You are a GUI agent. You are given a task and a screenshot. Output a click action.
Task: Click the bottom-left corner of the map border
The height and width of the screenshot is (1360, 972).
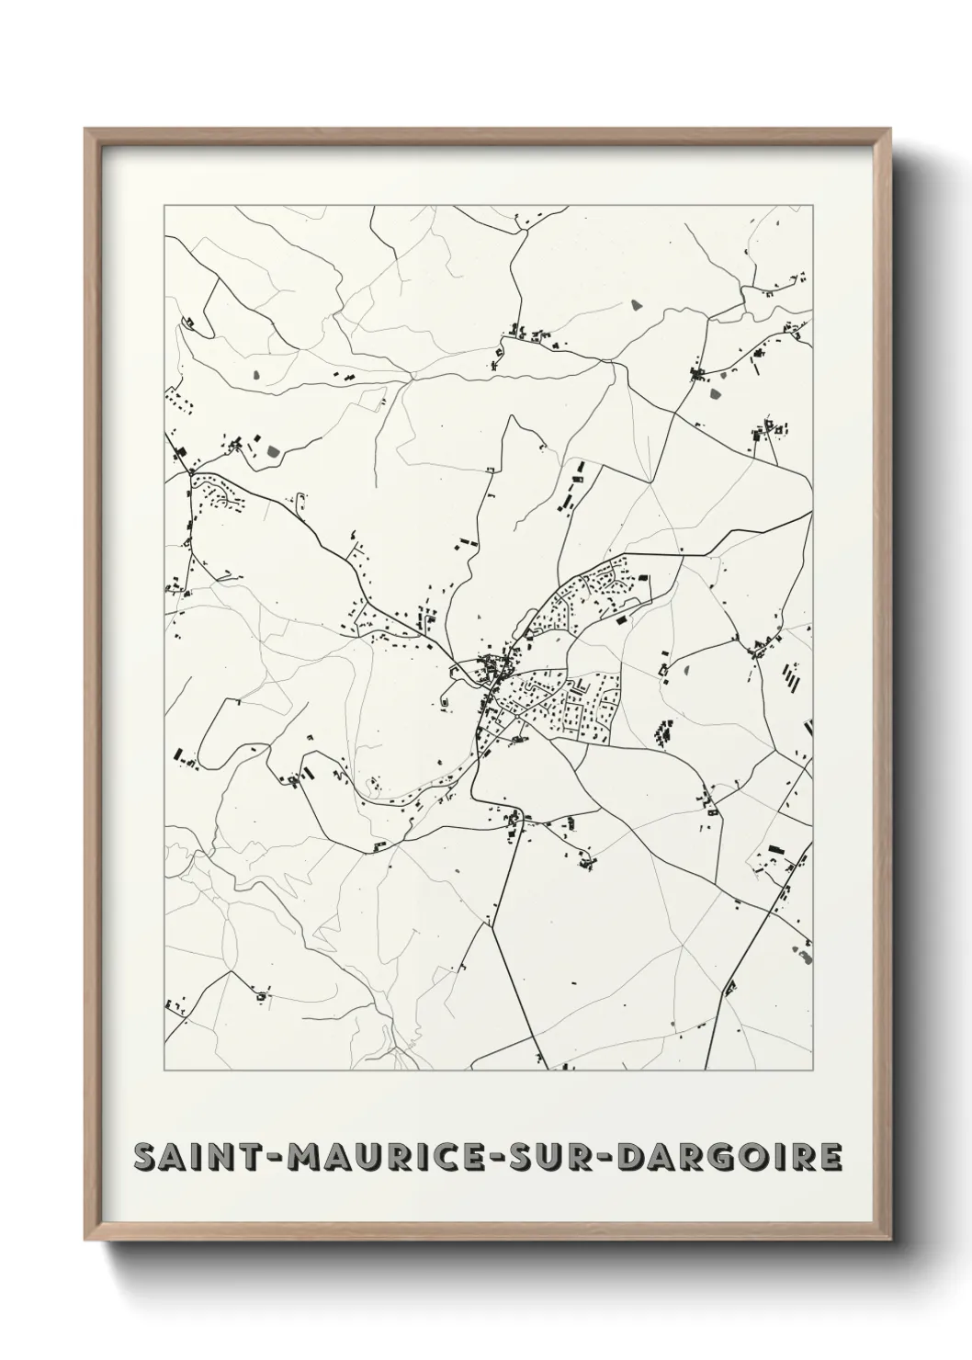point(164,1071)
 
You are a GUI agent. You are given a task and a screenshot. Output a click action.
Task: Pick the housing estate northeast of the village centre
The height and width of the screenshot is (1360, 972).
point(593,593)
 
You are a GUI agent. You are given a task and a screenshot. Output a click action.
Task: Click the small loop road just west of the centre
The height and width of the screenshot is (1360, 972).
point(447,697)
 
